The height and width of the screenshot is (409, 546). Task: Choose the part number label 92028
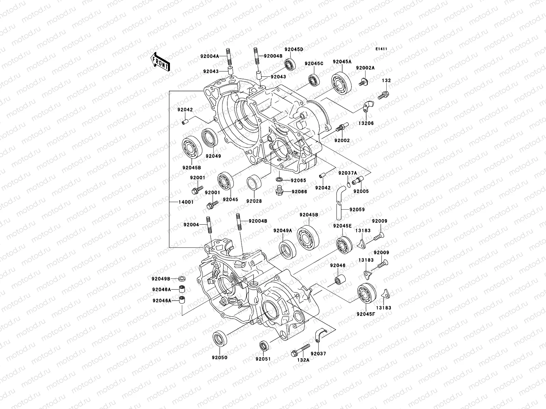coord(254,201)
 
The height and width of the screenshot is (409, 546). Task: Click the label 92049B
coord(161,278)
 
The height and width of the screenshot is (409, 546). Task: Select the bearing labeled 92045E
coord(344,245)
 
